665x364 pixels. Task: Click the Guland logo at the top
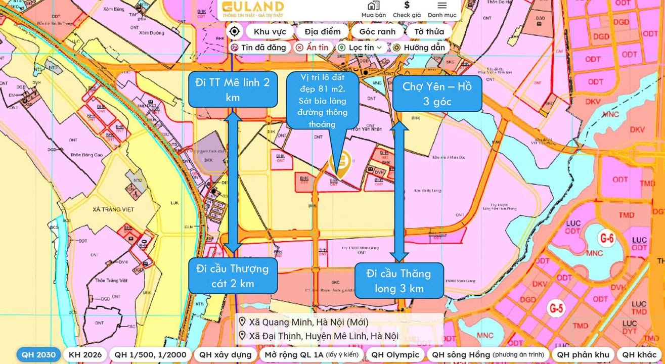(x=253, y=9)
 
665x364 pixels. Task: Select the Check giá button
(x=407, y=9)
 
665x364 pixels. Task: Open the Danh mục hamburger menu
(x=442, y=9)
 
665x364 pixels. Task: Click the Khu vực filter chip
(x=270, y=32)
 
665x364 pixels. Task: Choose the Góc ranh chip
(x=377, y=32)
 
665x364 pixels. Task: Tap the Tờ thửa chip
(x=429, y=32)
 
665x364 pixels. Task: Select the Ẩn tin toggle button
(x=312, y=48)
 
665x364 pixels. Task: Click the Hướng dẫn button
(x=419, y=48)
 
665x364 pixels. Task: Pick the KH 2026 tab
(x=85, y=354)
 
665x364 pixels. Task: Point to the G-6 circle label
(x=606, y=238)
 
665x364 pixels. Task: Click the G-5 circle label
(x=556, y=307)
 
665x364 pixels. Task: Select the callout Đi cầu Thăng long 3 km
(x=399, y=281)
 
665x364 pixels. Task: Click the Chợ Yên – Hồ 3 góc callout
(x=437, y=94)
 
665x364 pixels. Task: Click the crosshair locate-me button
(x=234, y=32)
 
